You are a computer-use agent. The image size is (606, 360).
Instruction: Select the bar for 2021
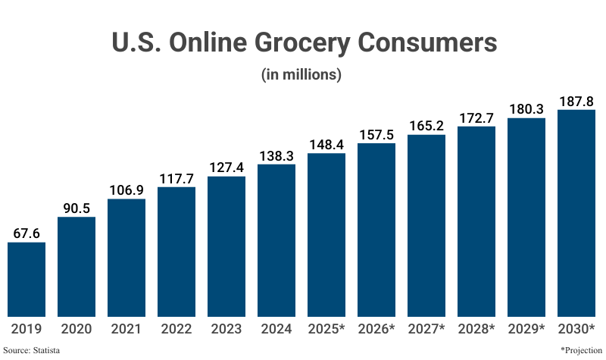(127, 258)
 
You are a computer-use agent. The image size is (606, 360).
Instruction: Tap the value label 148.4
(326, 144)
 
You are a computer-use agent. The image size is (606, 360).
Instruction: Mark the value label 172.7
(476, 117)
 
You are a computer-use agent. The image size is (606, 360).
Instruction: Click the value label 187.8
(576, 101)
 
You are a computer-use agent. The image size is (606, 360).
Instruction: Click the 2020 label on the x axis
(77, 329)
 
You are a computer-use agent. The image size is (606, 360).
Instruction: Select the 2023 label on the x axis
(226, 329)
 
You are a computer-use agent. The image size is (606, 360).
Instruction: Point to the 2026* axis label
(376, 329)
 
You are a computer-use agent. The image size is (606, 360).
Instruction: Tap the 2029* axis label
(526, 329)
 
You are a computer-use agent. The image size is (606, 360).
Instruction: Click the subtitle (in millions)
(301, 75)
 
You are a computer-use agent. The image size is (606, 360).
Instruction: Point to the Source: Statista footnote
(31, 350)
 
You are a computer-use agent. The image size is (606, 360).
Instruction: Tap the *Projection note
(581, 350)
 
